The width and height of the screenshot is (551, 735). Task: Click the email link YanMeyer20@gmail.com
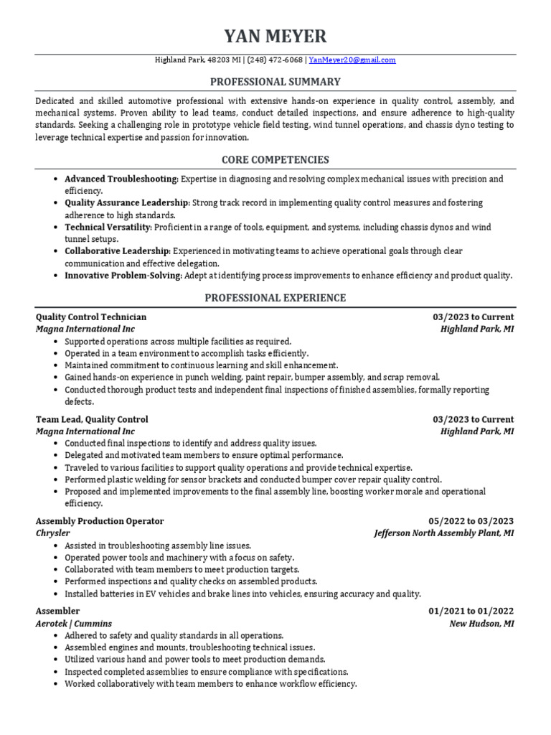point(352,60)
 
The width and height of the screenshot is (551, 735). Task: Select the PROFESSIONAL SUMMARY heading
point(275,82)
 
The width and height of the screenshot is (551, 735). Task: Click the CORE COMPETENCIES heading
point(275,159)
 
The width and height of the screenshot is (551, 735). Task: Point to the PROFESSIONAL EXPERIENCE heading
point(275,297)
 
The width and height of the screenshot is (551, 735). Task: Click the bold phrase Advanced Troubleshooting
point(121,179)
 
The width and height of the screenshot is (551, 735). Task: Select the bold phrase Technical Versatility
point(108,227)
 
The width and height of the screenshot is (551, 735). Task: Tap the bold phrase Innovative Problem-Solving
point(123,275)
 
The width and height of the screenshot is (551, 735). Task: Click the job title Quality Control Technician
point(91,317)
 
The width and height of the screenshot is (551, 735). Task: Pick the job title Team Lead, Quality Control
point(92,419)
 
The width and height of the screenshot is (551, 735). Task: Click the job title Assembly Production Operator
point(100,521)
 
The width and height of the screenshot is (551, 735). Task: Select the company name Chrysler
point(52,533)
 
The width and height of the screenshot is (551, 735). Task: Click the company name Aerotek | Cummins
point(74,624)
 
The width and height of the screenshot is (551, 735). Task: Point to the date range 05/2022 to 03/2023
point(471,521)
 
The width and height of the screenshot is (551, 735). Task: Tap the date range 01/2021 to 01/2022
point(471,612)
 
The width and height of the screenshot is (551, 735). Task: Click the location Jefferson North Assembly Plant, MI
point(443,533)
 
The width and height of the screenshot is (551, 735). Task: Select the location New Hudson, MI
point(481,624)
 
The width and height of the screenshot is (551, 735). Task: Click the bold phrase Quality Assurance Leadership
point(127,203)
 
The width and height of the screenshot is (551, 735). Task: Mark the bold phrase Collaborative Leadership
point(118,251)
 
